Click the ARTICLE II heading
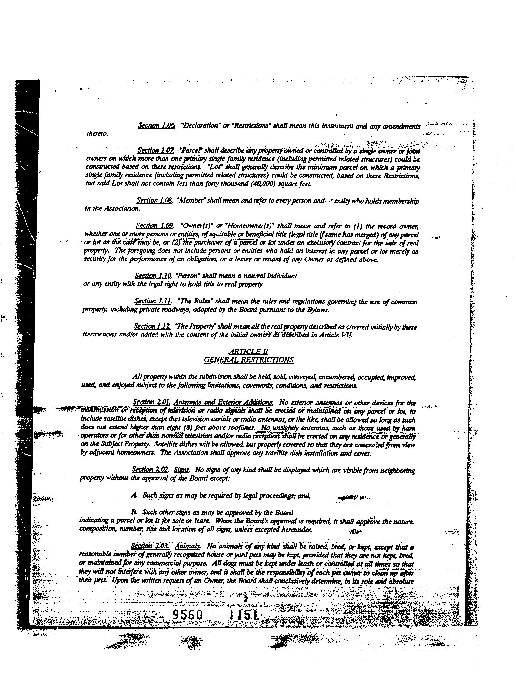coord(249,352)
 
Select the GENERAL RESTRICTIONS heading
coord(249,360)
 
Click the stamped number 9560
coord(188,615)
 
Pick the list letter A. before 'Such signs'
coord(134,495)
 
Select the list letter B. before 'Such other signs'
coord(134,512)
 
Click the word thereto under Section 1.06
coord(97,134)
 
